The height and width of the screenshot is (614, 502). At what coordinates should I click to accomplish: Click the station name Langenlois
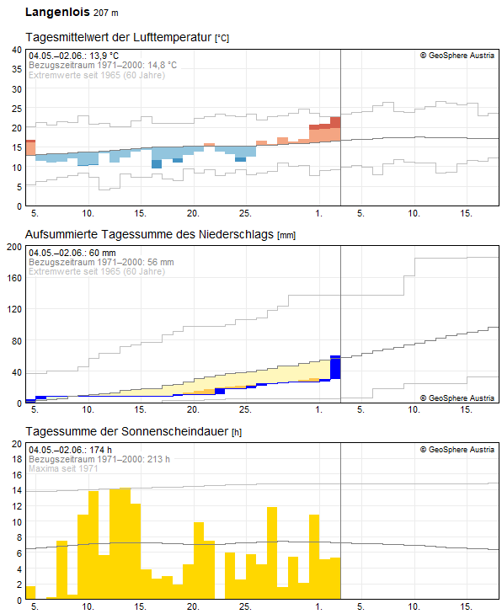[57, 12]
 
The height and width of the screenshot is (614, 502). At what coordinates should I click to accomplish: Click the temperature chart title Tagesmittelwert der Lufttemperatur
[119, 37]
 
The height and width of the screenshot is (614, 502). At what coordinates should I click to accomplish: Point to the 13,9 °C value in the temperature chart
[104, 56]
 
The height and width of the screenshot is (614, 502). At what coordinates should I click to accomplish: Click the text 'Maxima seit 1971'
[63, 468]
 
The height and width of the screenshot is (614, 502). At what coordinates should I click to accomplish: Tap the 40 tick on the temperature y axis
[17, 50]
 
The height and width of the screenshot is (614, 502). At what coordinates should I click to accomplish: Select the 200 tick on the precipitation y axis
[14, 247]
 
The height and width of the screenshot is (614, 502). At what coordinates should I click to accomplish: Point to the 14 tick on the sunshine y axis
[17, 490]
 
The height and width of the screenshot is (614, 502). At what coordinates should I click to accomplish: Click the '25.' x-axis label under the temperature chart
[245, 213]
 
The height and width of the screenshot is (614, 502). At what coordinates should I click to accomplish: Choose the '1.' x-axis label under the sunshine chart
[319, 606]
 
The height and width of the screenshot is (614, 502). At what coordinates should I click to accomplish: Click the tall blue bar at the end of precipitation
[335, 367]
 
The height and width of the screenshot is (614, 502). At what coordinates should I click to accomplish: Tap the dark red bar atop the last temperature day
[335, 122]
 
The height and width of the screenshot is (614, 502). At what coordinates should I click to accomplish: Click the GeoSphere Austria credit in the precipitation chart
[457, 398]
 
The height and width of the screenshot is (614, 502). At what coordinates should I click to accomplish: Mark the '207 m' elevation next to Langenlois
[106, 13]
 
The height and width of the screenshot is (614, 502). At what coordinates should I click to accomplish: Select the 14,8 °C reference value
[162, 65]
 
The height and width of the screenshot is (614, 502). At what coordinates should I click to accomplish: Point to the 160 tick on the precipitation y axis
[14, 278]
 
